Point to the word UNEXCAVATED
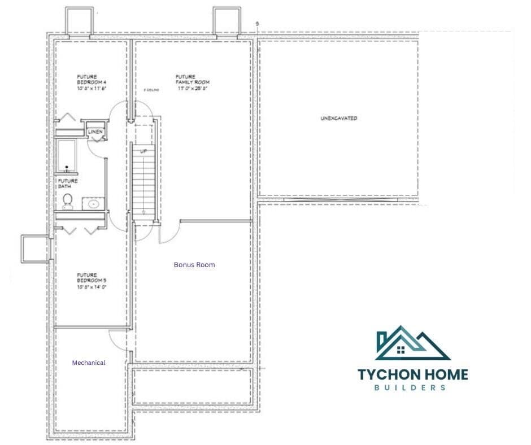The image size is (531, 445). pos(338,119)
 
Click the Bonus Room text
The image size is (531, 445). pos(194,264)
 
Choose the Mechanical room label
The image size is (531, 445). pos(89,363)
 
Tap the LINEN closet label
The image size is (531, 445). pos(95,132)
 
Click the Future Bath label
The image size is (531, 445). pos(68,184)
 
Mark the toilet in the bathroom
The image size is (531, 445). pos(68,200)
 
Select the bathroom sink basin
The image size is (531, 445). pos(94,203)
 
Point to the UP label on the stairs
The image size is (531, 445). pos(143,151)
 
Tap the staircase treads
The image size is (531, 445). pos(143,181)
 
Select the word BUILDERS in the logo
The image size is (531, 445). pos(413,387)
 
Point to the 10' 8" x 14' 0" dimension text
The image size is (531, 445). pos(92,287)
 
